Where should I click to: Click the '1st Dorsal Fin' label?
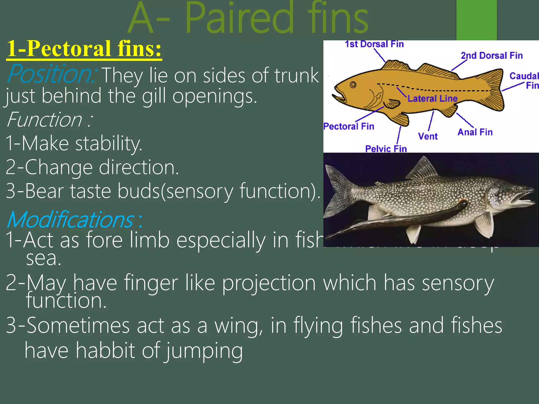[x=374, y=44]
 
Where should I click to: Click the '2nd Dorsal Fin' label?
[x=492, y=55]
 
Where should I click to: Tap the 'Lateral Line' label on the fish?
[x=432, y=99]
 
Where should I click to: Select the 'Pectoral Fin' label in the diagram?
[x=349, y=127]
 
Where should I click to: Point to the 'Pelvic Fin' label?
[x=386, y=149]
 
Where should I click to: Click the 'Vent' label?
[x=428, y=136]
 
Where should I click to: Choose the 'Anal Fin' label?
[x=475, y=132]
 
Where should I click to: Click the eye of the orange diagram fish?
[x=353, y=85]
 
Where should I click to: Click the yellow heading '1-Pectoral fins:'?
[x=84, y=49]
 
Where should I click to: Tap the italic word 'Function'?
[x=45, y=120]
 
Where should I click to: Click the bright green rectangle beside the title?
[x=476, y=20]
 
